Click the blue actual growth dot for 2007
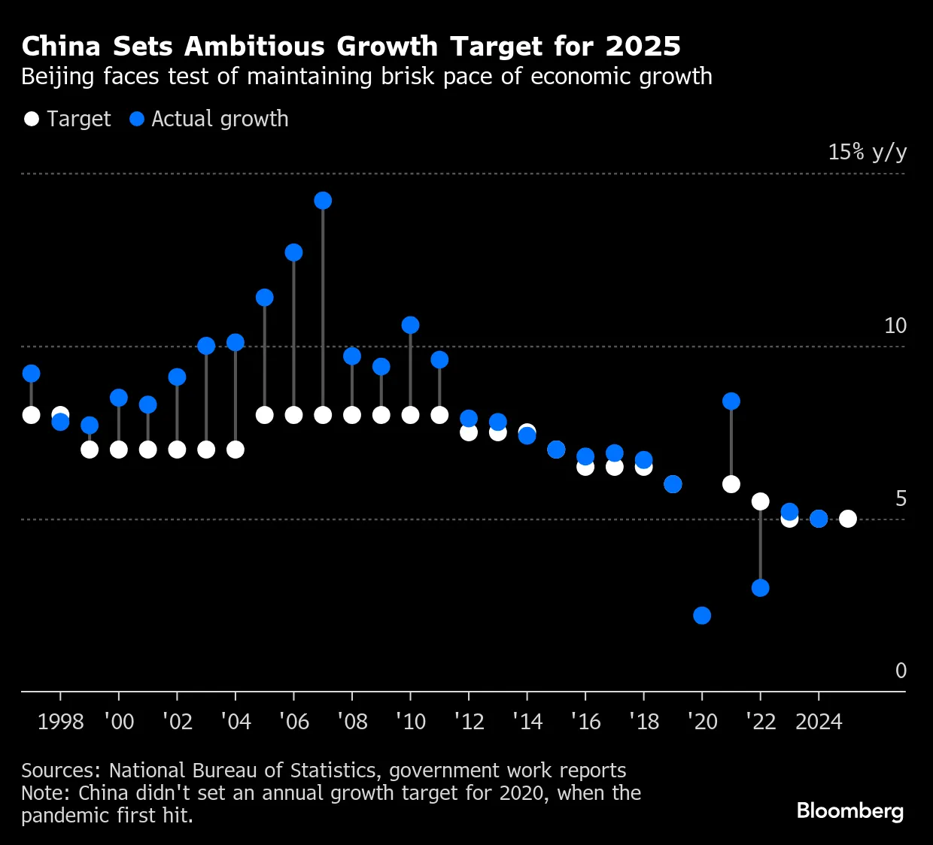(x=323, y=201)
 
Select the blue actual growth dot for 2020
(x=702, y=616)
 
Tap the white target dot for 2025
(x=848, y=519)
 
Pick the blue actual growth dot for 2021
(x=731, y=401)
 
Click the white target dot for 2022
(x=761, y=501)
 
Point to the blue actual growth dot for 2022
(x=761, y=588)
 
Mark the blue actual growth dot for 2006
(x=293, y=253)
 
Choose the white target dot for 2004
(x=236, y=450)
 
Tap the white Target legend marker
(x=32, y=119)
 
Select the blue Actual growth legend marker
(x=136, y=119)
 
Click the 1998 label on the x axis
(x=60, y=722)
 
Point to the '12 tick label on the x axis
(x=469, y=722)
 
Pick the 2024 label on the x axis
(x=819, y=722)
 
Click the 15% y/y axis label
(x=867, y=153)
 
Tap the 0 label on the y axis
(x=901, y=671)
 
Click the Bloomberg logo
(x=850, y=811)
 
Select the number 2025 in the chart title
(x=643, y=47)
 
